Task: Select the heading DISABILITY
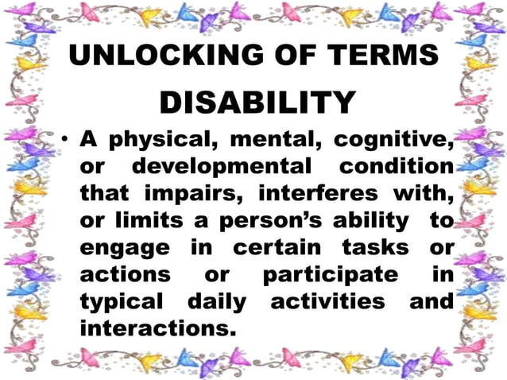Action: click(x=257, y=102)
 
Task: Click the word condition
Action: click(x=397, y=168)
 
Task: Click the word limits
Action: click(x=144, y=221)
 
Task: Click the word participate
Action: click(x=331, y=274)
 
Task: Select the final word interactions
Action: click(x=158, y=328)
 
